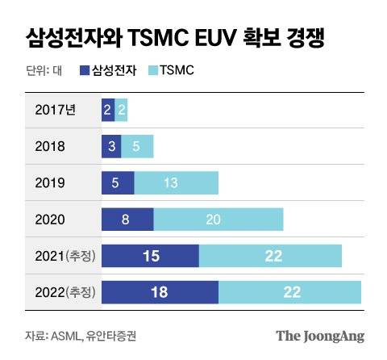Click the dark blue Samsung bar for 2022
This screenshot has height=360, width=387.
(160, 292)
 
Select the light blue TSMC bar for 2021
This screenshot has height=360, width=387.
(270, 256)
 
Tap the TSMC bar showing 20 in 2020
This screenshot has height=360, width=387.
(218, 220)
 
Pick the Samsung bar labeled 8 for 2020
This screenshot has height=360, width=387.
(127, 220)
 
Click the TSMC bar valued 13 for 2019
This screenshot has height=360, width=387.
(176, 182)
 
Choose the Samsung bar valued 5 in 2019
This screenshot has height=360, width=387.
(118, 182)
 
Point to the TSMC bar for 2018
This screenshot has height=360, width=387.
(137, 146)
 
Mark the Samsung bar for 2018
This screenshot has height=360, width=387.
(111, 146)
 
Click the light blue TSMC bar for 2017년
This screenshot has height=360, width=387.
(121, 111)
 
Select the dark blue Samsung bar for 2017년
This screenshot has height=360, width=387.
(107, 111)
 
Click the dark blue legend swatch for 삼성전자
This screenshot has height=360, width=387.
(85, 71)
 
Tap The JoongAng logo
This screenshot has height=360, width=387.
(321, 335)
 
